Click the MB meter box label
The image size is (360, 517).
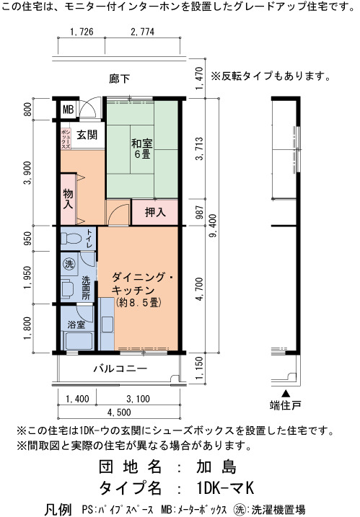[69, 109]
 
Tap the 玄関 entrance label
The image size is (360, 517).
[87, 135]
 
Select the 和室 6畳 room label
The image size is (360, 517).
[142, 149]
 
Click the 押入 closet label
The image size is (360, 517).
[155, 212]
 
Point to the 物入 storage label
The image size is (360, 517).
[68, 198]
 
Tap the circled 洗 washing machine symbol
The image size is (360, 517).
[69, 263]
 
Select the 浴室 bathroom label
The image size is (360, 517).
[76, 324]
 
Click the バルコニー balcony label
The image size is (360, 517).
[120, 368]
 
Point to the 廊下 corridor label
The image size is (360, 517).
[120, 79]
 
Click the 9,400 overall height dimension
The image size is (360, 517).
[213, 226]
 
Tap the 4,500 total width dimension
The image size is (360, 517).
[119, 412]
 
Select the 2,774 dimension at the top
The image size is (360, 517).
[143, 32]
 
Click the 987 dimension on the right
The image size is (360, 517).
[200, 212]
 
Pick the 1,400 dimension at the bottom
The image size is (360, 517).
[77, 399]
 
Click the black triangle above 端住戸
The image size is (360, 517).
[286, 394]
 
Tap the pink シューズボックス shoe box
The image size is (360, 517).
[66, 138]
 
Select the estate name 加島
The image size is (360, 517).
[216, 467]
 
